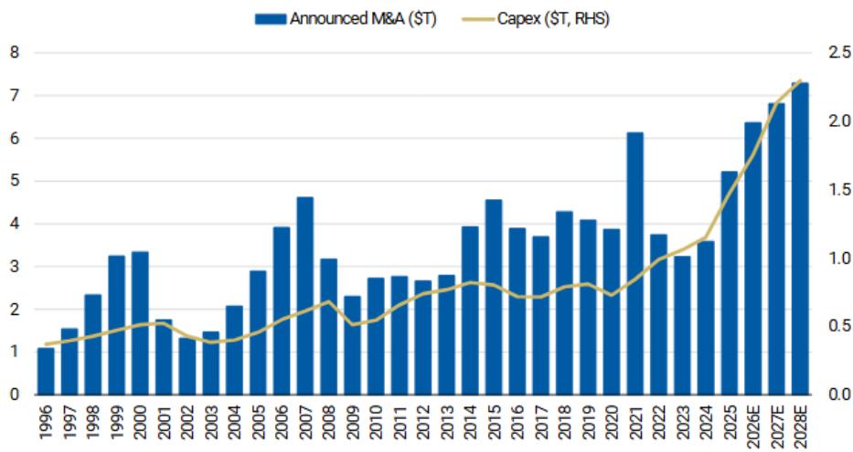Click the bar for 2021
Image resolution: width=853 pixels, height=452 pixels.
pos(634,264)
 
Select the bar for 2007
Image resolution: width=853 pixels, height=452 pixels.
pos(305,296)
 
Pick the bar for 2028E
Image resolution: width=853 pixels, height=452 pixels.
pos(800,239)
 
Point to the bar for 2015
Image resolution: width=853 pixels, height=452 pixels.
pos(494,297)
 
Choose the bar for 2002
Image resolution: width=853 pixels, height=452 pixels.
pos(187,366)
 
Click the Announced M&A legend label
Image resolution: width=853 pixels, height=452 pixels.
pos(363,18)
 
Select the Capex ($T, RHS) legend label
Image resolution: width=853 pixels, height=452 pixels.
pos(553,18)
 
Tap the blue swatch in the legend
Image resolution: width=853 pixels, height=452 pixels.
pos(271,19)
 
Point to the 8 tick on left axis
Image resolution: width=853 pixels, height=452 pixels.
pos(15,53)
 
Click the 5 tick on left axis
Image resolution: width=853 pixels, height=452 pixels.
pos(15,181)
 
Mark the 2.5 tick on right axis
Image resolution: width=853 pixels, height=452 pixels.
pos(839,53)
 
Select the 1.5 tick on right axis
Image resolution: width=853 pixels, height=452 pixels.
pos(839,190)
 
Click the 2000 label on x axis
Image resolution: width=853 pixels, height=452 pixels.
pos(141,422)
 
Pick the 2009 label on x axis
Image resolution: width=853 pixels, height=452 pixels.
pos(353,422)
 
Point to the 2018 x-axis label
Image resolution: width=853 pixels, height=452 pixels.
pos(565,422)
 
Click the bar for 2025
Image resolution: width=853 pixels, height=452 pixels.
pos(729,283)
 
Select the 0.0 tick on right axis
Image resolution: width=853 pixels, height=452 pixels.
pos(839,394)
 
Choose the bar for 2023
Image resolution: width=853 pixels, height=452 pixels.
pos(682,325)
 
